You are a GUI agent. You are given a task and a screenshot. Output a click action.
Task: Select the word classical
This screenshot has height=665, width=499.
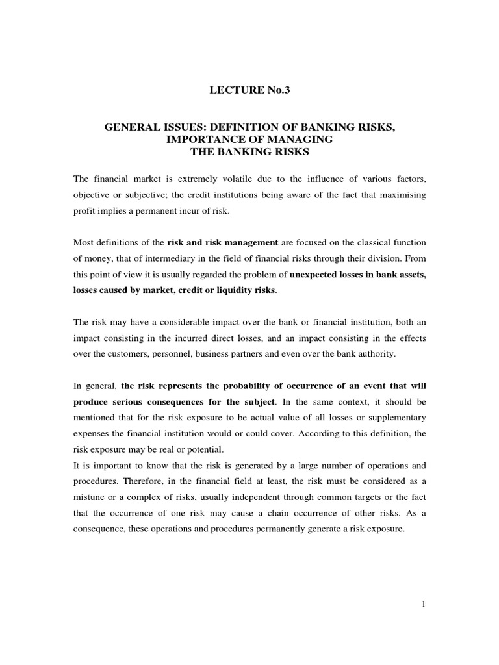pos(370,243)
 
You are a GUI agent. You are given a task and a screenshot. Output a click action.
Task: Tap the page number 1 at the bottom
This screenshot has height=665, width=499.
pos(423,604)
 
